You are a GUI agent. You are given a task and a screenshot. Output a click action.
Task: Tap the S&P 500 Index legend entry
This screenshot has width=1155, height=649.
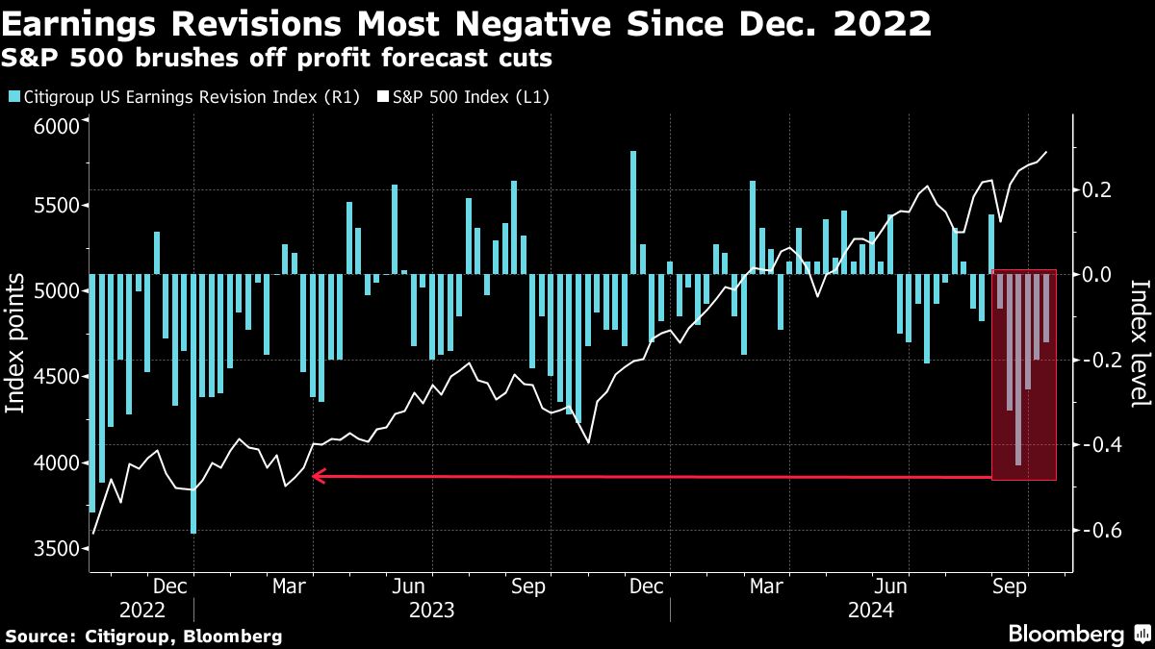point(466,96)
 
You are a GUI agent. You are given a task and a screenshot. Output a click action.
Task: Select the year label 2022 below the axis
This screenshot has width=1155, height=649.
point(141,610)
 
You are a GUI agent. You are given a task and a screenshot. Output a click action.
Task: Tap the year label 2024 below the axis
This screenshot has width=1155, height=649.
point(871,610)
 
